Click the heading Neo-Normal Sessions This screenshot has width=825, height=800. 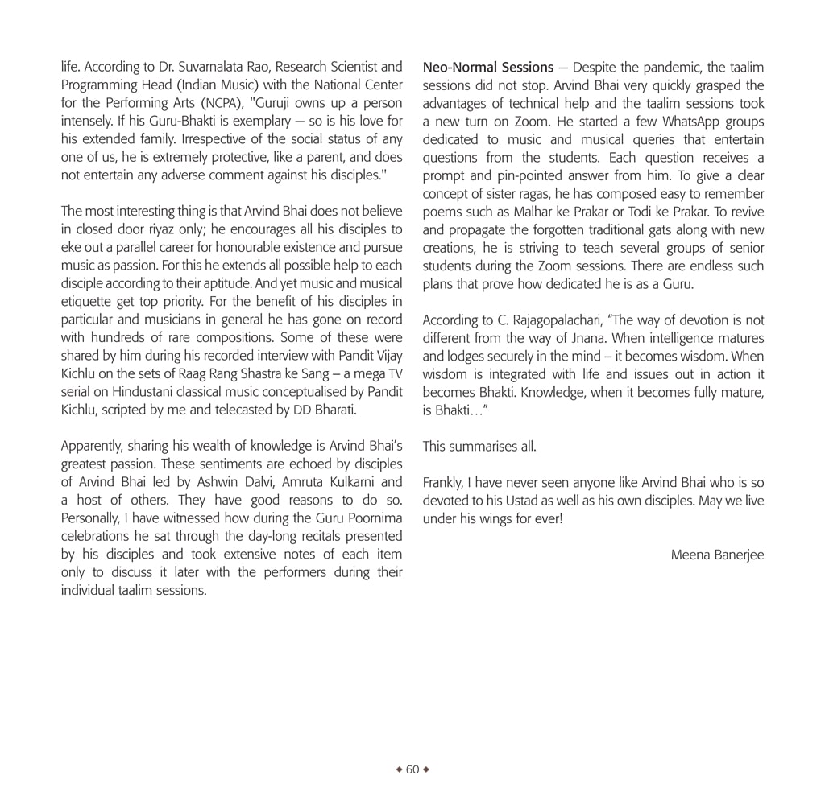(x=488, y=67)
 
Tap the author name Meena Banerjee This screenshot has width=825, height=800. (x=717, y=555)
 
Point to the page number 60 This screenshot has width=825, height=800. (x=412, y=769)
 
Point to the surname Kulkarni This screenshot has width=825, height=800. (x=354, y=482)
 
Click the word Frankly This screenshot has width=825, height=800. (x=443, y=483)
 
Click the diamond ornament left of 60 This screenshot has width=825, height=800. (x=399, y=769)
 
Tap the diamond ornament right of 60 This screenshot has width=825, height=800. (x=426, y=769)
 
